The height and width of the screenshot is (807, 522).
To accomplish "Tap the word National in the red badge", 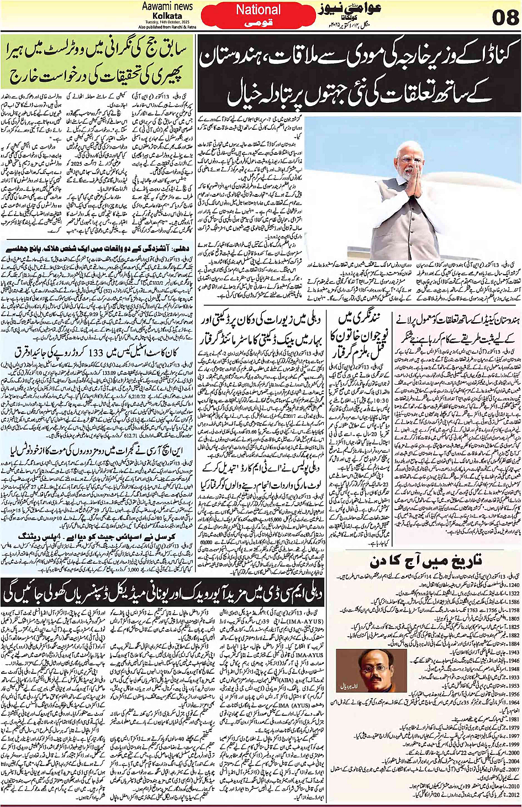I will [x=258, y=10].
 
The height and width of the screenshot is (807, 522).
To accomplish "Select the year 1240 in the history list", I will [x=513, y=585].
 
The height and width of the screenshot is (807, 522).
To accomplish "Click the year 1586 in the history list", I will [x=513, y=602].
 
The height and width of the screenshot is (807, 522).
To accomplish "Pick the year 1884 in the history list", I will [x=513, y=644].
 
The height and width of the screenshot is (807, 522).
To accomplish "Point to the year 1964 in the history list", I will [x=513, y=703].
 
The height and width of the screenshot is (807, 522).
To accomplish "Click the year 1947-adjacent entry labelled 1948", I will [x=513, y=669].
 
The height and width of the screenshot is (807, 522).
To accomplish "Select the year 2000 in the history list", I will [x=513, y=752].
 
